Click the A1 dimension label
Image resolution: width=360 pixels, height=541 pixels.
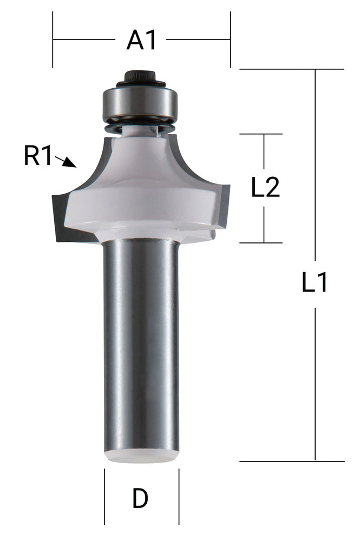point(141,40)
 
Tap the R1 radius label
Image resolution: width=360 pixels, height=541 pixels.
point(38,156)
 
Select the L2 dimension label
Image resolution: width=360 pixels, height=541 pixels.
point(265,188)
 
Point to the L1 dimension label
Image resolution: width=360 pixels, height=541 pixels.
point(315,283)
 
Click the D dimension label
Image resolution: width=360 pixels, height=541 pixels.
point(140,499)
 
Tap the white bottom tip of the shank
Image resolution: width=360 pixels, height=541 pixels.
point(141,456)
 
